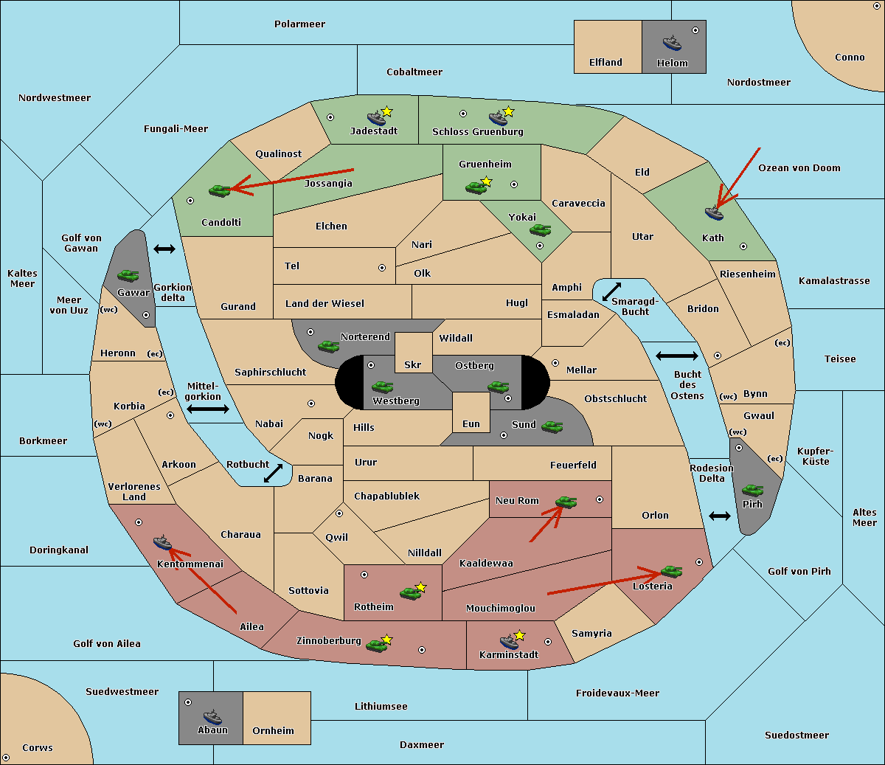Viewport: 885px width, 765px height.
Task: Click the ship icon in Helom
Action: (x=672, y=43)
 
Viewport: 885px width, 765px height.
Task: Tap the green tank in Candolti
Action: (x=219, y=190)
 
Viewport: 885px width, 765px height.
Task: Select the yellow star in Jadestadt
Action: (x=386, y=111)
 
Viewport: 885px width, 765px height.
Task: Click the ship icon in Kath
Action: (x=714, y=213)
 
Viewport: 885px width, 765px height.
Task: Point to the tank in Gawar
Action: (x=128, y=275)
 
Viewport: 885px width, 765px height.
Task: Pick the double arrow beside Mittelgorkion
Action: (x=208, y=409)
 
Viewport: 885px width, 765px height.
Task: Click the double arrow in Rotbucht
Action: (x=273, y=473)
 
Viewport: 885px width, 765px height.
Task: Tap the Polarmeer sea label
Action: (x=299, y=24)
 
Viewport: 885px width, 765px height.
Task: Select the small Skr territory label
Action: (x=412, y=364)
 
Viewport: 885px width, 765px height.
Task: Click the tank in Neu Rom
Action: (x=566, y=502)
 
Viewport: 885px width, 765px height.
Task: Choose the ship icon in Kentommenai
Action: (x=162, y=542)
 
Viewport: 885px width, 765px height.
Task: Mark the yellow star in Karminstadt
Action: (x=519, y=634)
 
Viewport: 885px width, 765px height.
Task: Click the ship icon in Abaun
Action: (x=212, y=716)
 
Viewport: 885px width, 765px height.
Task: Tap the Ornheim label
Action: (x=273, y=730)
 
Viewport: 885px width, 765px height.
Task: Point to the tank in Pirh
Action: (x=752, y=490)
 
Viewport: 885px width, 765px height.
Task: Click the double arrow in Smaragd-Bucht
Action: (x=611, y=291)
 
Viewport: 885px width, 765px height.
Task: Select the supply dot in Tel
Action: (x=382, y=268)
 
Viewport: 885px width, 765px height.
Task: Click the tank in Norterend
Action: (x=328, y=347)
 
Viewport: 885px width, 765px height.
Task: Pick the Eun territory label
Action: (x=471, y=423)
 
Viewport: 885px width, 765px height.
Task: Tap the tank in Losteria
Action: (x=671, y=572)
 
